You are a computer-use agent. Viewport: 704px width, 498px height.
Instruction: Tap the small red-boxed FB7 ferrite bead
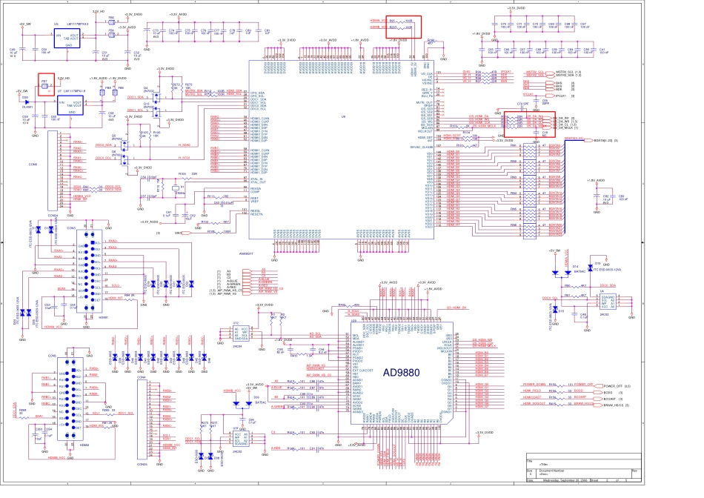click(x=44, y=82)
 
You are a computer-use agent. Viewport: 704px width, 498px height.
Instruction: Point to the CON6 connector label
click(x=33, y=165)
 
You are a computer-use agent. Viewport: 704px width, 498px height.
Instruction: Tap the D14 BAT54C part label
click(x=574, y=266)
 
